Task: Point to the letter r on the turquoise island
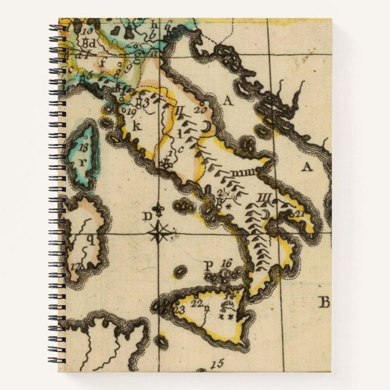pos(81,162)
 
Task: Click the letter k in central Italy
pos(136,126)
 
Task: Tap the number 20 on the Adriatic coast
pos(201,110)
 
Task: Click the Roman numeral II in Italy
pos(180,111)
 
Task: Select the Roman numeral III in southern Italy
pos(263,197)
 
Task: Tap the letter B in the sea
pos(324,302)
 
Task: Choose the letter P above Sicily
pos(208,265)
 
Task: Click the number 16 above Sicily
pos(226,263)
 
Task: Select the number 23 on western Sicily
pos(178,310)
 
